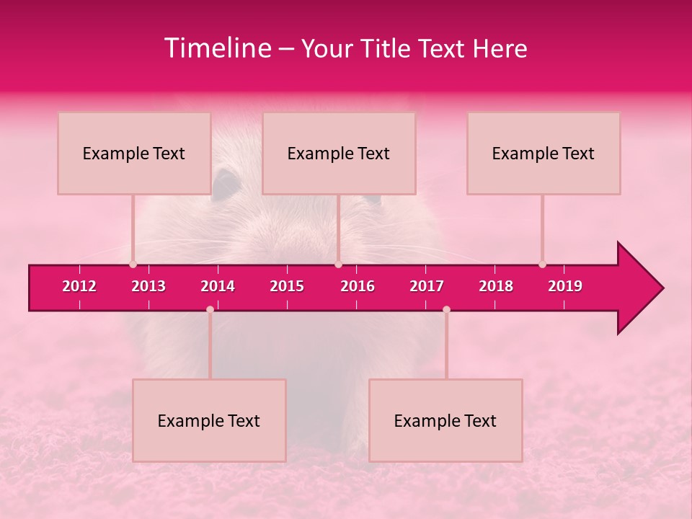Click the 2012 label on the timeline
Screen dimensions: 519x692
pyautogui.click(x=79, y=286)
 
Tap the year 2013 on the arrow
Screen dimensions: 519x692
pyautogui.click(x=148, y=286)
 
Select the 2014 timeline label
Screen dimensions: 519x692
pyautogui.click(x=218, y=286)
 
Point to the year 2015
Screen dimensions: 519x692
pyautogui.click(x=287, y=286)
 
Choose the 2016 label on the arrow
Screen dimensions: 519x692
pyautogui.click(x=358, y=286)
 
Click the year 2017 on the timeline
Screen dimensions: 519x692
pyautogui.click(x=427, y=286)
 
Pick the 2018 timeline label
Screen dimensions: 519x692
pyautogui.click(x=496, y=286)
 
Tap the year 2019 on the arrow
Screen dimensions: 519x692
pyautogui.click(x=565, y=286)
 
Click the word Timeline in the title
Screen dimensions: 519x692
pyautogui.click(x=217, y=48)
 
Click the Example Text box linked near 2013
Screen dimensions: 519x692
pyautogui.click(x=134, y=153)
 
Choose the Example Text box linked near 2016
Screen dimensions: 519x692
pyautogui.click(x=339, y=153)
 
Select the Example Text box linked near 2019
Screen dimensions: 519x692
pyautogui.click(x=544, y=153)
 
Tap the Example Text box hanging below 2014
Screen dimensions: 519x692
pyautogui.click(x=209, y=420)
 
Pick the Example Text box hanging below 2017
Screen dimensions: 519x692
pyautogui.click(x=445, y=420)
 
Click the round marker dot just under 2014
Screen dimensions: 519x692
pyautogui.click(x=210, y=309)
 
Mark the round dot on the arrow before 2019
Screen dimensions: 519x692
pyautogui.click(x=542, y=265)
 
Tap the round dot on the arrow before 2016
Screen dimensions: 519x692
pyautogui.click(x=338, y=265)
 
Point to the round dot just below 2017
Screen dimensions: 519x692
pyautogui.click(x=446, y=309)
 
